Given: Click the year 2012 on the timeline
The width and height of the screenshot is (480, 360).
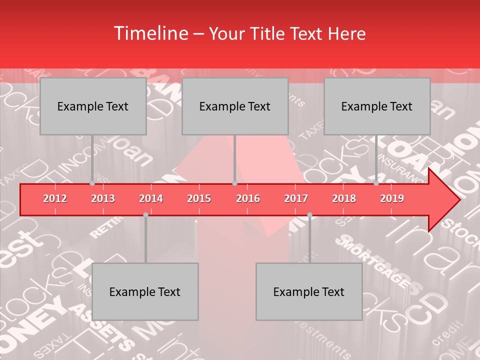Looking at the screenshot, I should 55,198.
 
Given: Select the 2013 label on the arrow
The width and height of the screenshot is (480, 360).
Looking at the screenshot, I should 103,198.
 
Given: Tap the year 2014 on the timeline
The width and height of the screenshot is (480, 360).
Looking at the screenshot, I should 151,198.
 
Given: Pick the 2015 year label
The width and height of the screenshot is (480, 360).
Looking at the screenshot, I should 199,198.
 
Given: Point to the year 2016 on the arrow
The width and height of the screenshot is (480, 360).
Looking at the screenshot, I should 248,198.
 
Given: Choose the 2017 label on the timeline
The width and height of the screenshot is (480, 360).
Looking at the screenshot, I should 296,198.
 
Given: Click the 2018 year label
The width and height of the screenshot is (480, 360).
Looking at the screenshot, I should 344,198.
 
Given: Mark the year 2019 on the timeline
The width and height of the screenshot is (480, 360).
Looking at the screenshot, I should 392,198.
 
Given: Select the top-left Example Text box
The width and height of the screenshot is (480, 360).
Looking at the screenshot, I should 93,106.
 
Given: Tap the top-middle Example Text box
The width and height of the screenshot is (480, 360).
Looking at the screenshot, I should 235,106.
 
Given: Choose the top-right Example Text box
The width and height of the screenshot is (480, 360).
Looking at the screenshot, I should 377,106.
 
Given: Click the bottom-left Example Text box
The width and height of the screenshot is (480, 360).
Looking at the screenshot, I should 145,291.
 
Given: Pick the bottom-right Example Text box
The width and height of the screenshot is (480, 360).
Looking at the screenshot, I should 309,291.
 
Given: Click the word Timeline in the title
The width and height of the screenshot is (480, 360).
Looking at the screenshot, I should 150,33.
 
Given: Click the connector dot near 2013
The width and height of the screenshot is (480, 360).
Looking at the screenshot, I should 92,183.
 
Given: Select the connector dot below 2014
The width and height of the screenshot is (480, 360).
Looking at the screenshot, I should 145,214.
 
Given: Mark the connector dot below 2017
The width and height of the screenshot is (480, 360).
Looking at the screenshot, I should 309,214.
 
